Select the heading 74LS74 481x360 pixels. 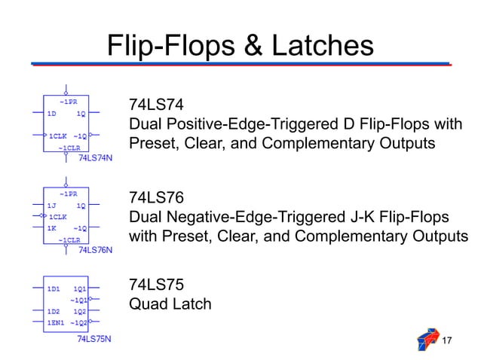click(156, 104)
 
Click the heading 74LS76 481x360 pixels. click(156, 197)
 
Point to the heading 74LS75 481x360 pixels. click(156, 285)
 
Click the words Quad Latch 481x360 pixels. click(170, 304)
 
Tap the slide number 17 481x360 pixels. click(446, 342)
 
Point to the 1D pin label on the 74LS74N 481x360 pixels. click(52, 114)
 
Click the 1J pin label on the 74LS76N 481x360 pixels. click(52, 205)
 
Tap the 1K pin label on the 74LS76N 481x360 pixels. click(52, 227)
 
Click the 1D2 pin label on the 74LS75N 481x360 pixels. click(54, 311)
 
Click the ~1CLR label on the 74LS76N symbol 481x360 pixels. click(69, 239)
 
